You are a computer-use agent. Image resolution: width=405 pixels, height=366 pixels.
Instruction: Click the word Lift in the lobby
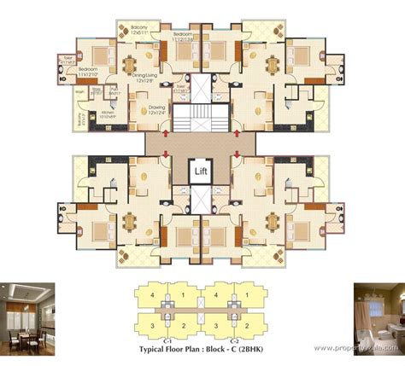pos(202,171)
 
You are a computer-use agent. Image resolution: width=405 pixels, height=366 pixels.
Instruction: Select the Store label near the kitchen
pos(97,90)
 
